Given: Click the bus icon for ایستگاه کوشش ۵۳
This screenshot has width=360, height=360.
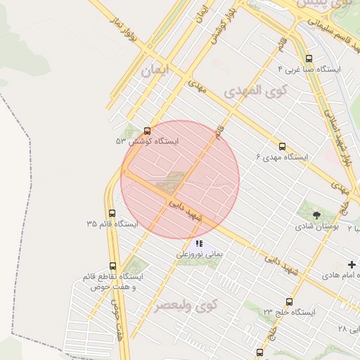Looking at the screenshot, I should coord(147,131).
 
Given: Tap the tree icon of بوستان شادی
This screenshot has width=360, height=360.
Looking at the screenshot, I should coord(316,215).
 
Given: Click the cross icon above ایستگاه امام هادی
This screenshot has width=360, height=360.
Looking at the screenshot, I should coord(352,264).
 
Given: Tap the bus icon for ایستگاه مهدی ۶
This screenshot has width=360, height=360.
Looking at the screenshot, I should coord(282,146).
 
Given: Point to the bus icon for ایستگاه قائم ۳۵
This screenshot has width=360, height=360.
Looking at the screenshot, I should coord(112,213).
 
